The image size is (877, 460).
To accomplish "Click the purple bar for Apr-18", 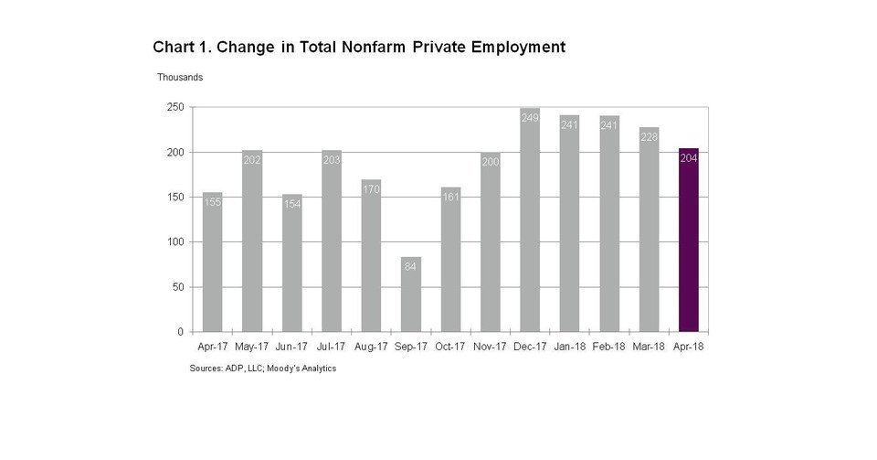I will (689, 242).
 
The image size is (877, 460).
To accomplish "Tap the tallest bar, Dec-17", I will (530, 224).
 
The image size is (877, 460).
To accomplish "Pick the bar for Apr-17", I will (213, 265).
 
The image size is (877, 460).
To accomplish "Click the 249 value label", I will (530, 118).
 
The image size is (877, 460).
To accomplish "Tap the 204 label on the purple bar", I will (689, 158).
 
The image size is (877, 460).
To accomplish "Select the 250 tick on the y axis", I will (175, 107).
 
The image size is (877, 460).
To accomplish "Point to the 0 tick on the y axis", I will (181, 332).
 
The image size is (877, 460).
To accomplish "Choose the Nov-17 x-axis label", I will (491, 348).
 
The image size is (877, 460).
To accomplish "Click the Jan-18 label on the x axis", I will (570, 348).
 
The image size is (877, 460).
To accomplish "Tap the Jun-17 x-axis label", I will (292, 348).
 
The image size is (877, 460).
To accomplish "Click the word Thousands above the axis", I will (180, 78).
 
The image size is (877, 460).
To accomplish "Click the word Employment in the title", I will (515, 47).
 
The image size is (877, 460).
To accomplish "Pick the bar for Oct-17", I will (450, 261).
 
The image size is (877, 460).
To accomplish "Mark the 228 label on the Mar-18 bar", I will (649, 137).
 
